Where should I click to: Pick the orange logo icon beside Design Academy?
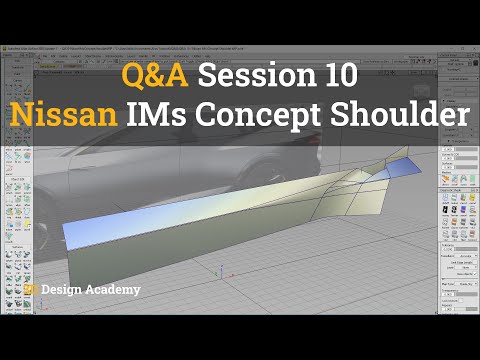click(x=33, y=290)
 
